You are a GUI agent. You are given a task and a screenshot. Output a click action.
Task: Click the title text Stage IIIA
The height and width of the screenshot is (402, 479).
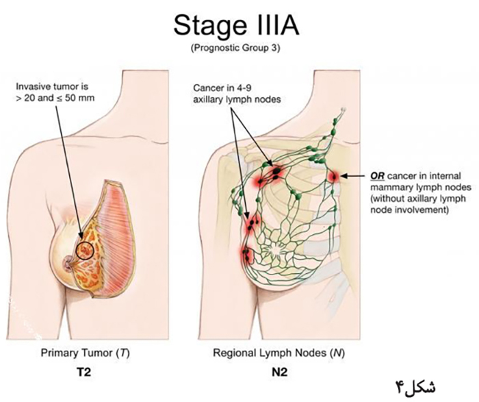click(x=236, y=26)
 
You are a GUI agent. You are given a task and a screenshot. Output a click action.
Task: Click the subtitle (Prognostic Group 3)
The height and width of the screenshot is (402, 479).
click(x=235, y=49)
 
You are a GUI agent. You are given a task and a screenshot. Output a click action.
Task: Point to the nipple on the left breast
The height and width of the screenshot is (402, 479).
click(x=68, y=264)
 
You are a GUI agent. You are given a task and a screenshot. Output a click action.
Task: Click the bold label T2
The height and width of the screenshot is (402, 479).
click(x=83, y=373)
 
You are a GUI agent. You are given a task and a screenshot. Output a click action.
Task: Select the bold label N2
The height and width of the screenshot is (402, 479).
click(x=279, y=373)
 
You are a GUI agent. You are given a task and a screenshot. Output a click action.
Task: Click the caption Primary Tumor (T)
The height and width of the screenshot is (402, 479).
click(x=86, y=353)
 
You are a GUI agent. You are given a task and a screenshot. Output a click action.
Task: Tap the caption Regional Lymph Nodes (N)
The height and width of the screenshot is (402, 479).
click(x=279, y=353)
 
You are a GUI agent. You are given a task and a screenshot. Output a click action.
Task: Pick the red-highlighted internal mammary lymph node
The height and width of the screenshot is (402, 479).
click(x=334, y=177)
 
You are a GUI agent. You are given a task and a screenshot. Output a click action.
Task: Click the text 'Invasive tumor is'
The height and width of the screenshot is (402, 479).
click(x=52, y=86)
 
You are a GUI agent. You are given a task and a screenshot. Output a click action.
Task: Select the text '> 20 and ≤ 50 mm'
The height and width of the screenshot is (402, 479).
click(x=55, y=98)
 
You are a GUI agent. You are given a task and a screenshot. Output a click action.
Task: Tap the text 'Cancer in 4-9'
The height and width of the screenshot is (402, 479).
click(x=222, y=88)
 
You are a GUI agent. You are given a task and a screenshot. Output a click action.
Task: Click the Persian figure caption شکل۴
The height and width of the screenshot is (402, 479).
click(x=416, y=386)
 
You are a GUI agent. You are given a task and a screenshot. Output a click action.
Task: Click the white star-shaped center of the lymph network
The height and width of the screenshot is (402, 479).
click(x=276, y=249)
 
